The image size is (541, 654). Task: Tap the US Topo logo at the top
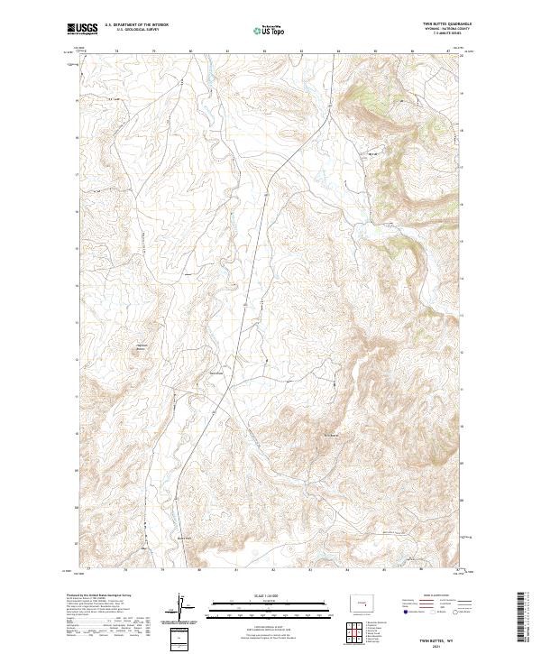pos(269,31)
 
